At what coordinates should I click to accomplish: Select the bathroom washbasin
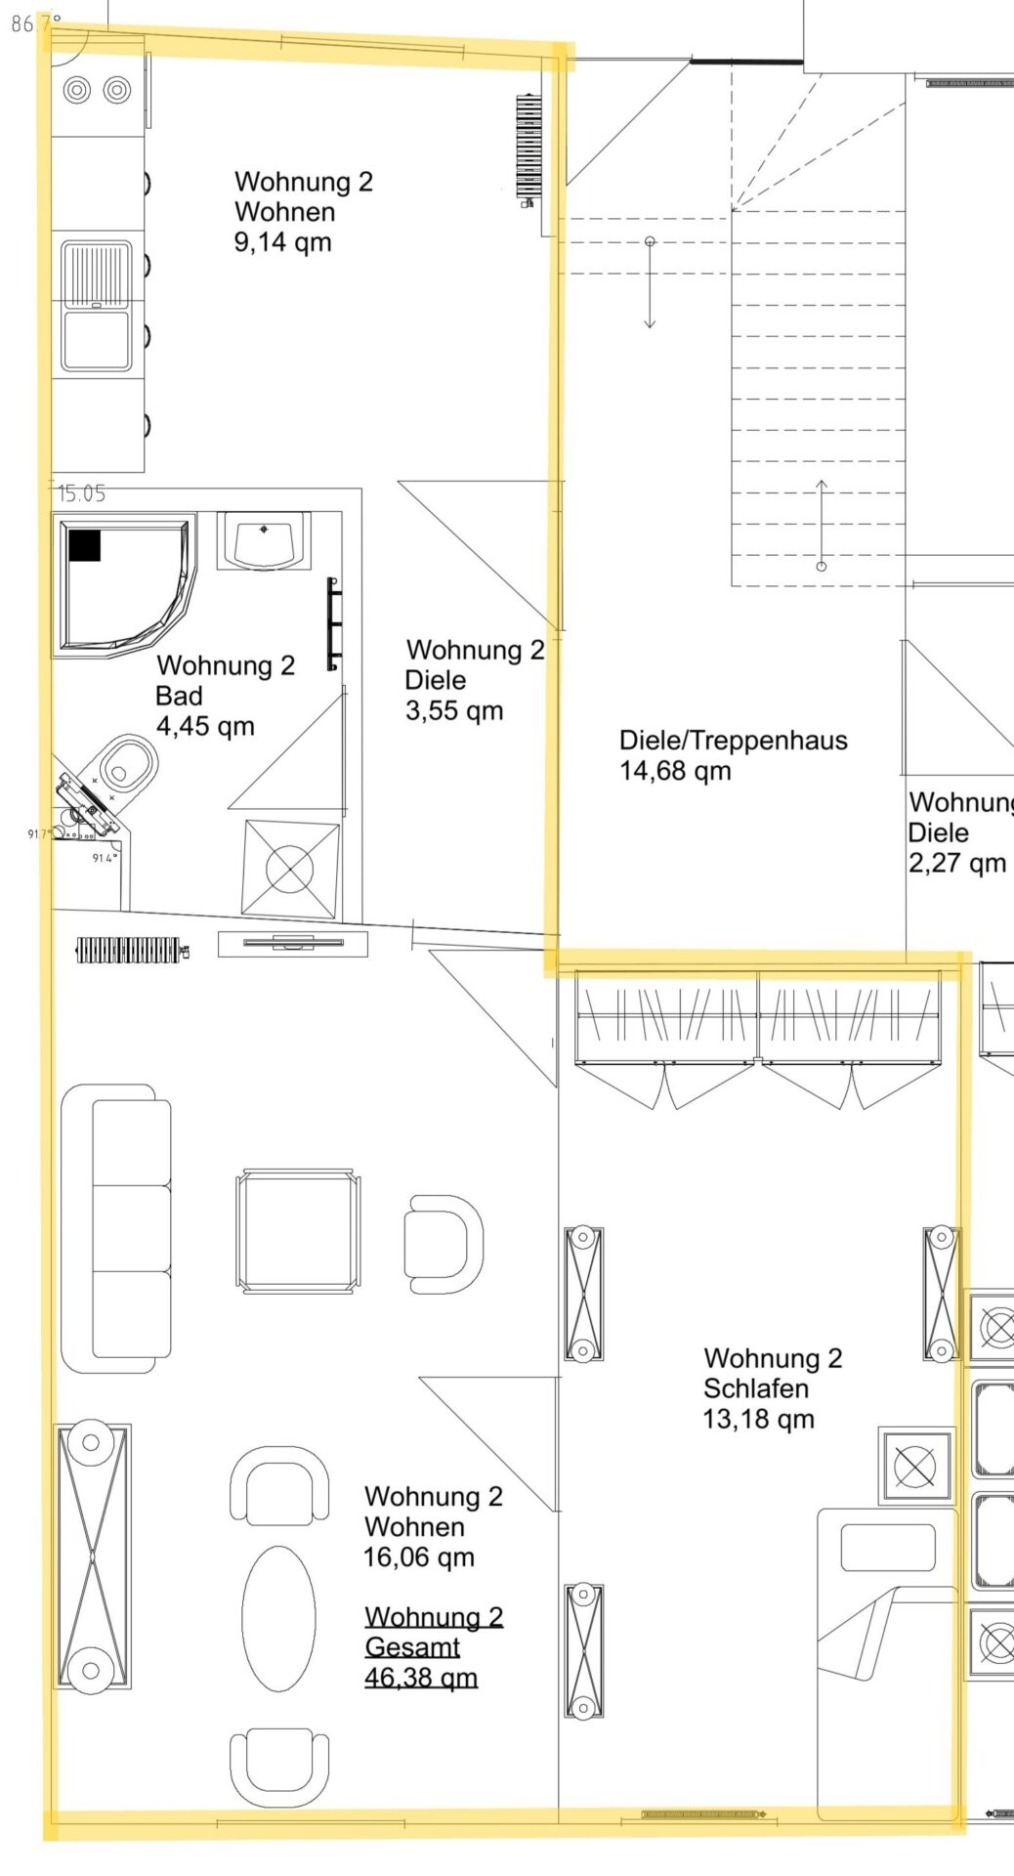264,541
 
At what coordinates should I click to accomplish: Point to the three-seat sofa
116,1228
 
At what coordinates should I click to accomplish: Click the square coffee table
298,1231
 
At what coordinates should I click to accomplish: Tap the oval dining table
279,1618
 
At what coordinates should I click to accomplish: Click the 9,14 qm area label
282,242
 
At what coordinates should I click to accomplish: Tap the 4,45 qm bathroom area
205,726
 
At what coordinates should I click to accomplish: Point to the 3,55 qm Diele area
454,710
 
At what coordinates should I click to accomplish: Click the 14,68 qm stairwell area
675,771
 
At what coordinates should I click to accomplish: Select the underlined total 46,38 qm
421,1678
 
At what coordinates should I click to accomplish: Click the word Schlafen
756,1388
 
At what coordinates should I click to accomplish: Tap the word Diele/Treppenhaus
734,741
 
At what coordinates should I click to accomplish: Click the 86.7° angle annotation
36,23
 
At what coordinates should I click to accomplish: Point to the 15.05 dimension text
81,493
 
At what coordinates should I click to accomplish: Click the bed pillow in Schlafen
887,1548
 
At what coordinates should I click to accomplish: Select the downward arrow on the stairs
650,283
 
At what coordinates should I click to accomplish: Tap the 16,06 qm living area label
419,1557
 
